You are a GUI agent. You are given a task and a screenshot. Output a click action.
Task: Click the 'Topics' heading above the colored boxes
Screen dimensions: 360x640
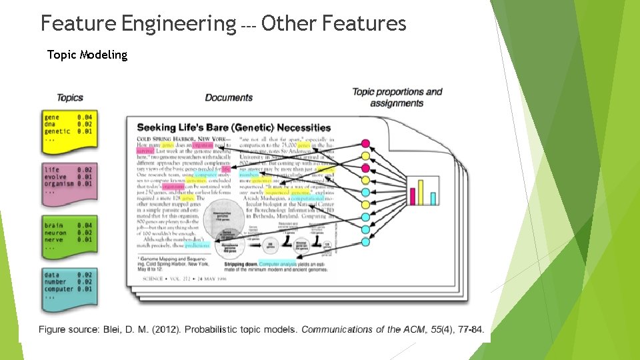(70, 98)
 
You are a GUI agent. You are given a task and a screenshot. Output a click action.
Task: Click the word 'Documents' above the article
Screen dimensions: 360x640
(229, 98)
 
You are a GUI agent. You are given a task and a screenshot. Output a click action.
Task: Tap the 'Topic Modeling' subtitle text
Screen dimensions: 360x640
(87, 55)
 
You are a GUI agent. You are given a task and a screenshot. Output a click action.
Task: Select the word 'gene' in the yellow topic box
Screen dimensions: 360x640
(51, 117)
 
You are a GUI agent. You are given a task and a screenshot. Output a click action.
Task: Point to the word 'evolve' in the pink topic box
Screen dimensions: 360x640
(55, 177)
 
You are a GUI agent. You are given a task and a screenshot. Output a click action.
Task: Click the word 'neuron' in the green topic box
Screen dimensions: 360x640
(55, 233)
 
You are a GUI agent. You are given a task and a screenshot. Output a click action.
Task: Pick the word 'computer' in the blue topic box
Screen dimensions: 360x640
(58, 289)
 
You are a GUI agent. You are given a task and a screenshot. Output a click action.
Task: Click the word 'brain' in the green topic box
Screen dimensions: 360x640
(53, 225)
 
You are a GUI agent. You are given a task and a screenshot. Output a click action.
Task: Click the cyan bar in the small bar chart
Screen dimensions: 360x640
(433, 198)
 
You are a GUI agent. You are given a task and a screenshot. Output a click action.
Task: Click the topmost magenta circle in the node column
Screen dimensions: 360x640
(365, 143)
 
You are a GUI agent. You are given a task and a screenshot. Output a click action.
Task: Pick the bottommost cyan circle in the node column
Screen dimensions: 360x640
(365, 242)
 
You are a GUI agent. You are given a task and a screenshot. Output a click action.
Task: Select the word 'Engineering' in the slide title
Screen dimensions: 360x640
(175, 24)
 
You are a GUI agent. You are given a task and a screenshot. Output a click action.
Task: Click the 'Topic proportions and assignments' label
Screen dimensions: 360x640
(397, 97)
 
